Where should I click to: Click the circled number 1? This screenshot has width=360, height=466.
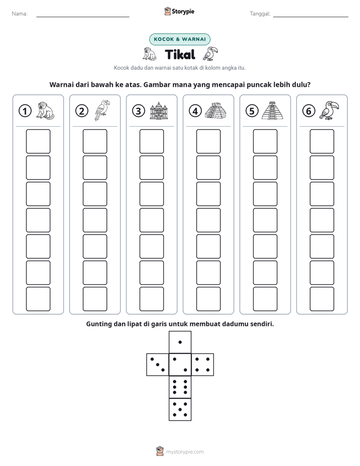tap(25, 111)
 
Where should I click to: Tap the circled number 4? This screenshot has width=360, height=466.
tap(195, 111)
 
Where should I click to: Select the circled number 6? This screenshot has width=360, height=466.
tap(309, 111)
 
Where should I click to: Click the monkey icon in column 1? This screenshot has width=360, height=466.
tap(45, 110)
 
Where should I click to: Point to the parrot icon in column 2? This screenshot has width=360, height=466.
tap(102, 110)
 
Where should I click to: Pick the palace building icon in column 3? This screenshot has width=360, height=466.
tap(159, 110)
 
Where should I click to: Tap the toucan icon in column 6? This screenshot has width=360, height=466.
tap(329, 110)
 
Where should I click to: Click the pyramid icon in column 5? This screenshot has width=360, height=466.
tap(272, 110)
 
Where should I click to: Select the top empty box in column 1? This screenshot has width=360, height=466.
tap(38, 141)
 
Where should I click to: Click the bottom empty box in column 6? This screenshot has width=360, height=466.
tap(322, 299)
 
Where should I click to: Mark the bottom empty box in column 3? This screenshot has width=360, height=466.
tap(152, 299)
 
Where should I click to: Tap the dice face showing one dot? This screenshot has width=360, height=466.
tap(180, 342)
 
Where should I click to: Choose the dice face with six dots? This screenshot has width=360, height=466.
tap(180, 387)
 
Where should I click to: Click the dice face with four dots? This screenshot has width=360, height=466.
tap(203, 365)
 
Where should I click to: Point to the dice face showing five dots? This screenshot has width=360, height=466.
tap(180, 410)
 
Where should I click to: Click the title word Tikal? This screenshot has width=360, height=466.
tap(180, 54)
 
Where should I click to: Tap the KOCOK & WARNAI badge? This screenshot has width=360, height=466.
tap(179, 39)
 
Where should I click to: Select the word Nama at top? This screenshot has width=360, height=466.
tap(20, 14)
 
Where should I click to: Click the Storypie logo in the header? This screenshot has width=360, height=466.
tap(179, 11)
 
